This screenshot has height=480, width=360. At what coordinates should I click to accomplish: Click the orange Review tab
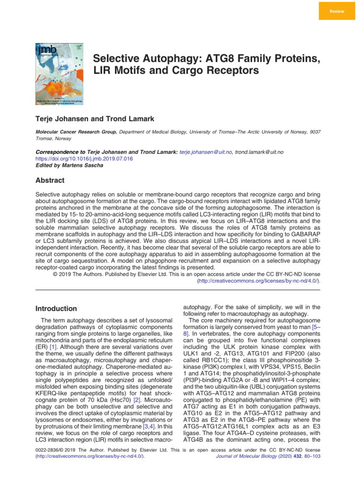[x=337, y=10]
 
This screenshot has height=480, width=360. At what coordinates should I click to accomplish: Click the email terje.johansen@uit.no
[x=206, y=152]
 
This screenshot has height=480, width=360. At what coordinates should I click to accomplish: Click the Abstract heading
[x=50, y=180]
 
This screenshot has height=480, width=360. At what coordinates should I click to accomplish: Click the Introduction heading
[x=57, y=308]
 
